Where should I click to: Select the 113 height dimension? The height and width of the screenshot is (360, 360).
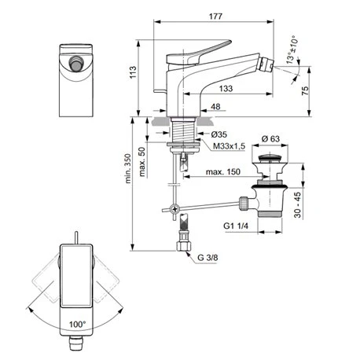pyautogui.click(x=135, y=73)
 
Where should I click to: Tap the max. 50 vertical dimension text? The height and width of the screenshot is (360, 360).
pyautogui.click(x=142, y=162)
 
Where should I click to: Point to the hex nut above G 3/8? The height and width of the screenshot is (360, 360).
pyautogui.click(x=186, y=243)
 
